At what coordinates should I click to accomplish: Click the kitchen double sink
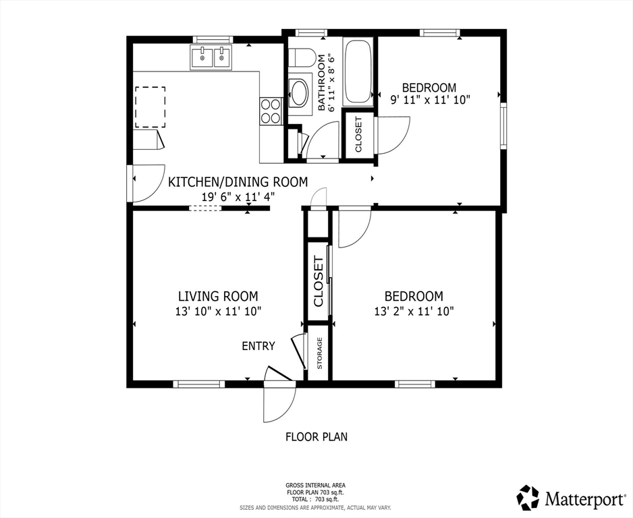coord(211,57)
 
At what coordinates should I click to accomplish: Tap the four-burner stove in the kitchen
coord(271,111)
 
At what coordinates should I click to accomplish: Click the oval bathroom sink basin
coord(300,94)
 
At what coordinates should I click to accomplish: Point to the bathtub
coord(358,71)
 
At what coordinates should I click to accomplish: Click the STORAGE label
coord(320,353)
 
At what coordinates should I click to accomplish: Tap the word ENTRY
coord(258,346)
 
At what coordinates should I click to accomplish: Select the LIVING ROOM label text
coord(218,297)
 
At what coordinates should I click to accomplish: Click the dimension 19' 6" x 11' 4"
coord(238,197)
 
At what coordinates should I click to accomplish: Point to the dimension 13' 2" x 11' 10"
coord(414,312)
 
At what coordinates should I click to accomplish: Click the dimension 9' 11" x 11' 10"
coord(431,100)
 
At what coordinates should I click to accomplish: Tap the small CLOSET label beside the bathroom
coord(358,134)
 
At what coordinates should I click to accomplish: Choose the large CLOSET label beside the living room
coord(319,281)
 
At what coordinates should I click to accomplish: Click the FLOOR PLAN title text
coord(316,437)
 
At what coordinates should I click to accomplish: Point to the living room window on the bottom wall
coord(199,384)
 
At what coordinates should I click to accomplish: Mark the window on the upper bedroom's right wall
coord(503,126)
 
